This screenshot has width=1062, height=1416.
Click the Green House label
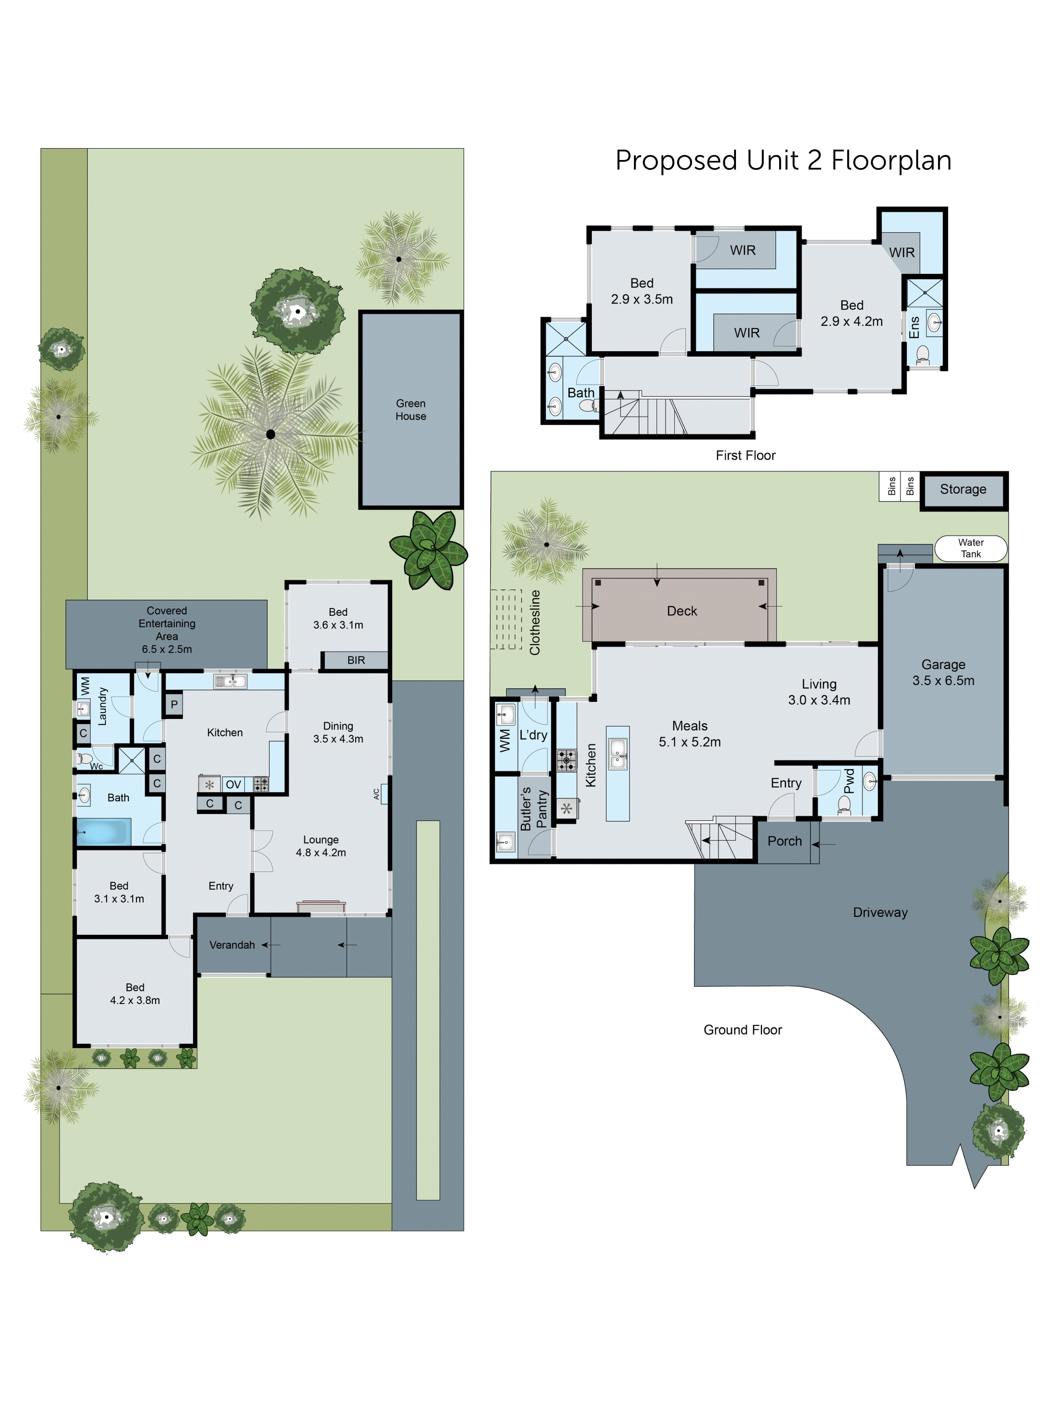coord(410,410)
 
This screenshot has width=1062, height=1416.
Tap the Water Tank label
coord(970,548)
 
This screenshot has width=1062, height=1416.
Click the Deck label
coord(682,611)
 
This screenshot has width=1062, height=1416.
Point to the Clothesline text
coord(535,622)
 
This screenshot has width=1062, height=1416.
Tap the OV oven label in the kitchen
coord(233,784)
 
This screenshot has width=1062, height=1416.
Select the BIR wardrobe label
coord(356,660)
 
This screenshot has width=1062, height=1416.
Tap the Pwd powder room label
coord(849,781)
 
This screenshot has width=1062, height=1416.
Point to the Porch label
coord(784,841)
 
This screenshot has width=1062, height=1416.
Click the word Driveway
coord(880,912)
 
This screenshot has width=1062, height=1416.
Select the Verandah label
coord(232,945)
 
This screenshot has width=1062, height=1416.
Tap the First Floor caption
coord(745,455)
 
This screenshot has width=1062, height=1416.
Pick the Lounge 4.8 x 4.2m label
coord(321,846)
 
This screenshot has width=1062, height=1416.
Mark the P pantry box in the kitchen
coord(173,704)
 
